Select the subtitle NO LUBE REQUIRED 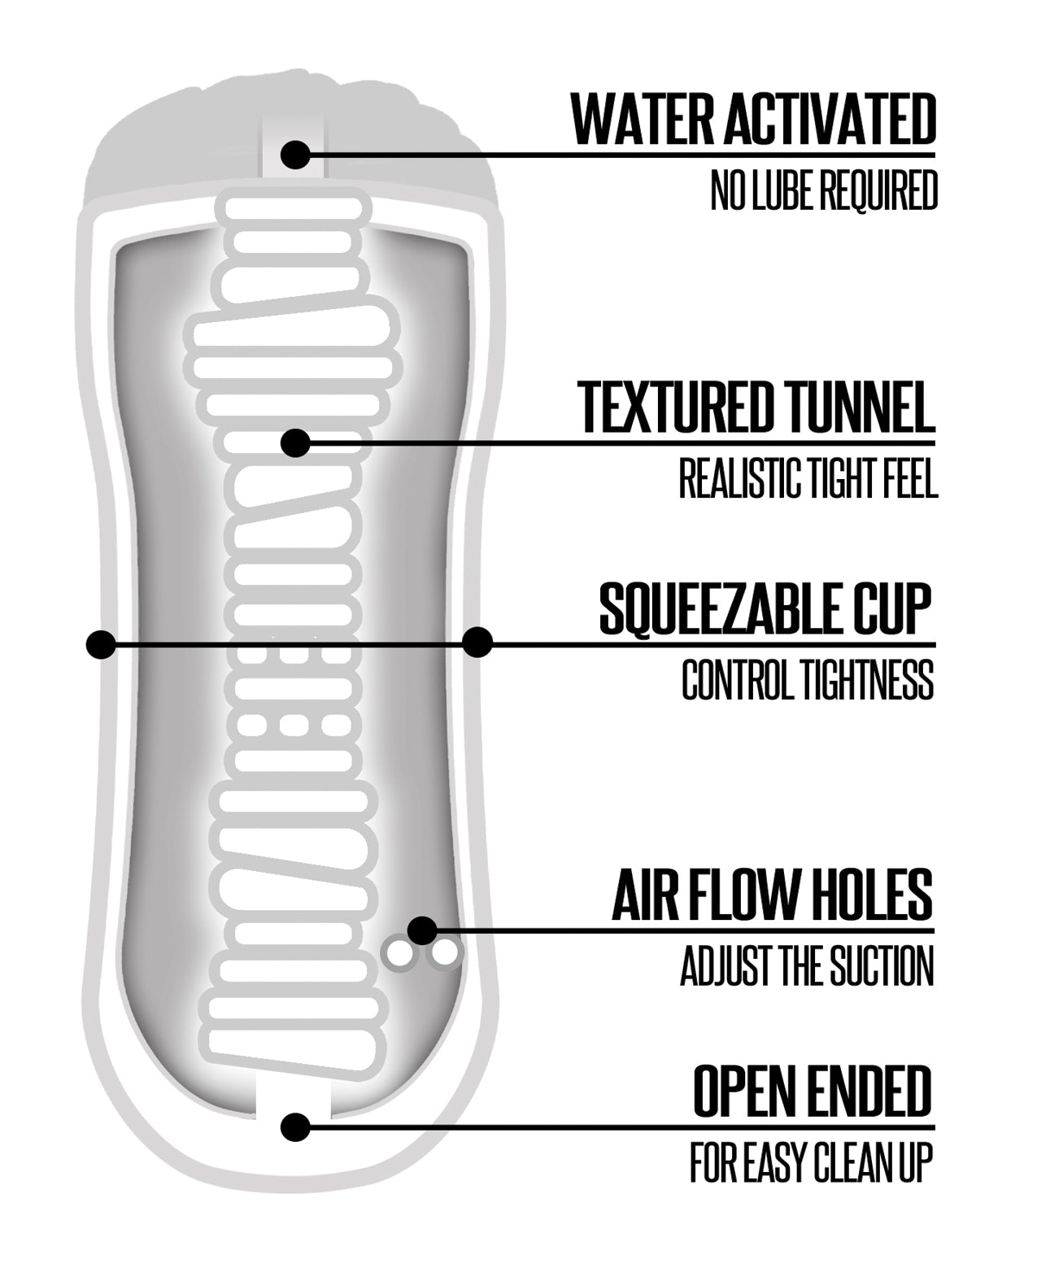coord(823,191)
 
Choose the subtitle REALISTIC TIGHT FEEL coord(808,478)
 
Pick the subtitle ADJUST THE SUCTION coord(807,966)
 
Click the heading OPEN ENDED coord(812,1091)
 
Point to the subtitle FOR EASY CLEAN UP coord(811,1162)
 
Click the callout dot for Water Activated coord(295,154)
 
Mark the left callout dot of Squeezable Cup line coord(100,644)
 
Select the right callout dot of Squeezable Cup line coord(477,643)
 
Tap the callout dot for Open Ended coord(295,1127)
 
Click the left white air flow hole coord(399,955)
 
